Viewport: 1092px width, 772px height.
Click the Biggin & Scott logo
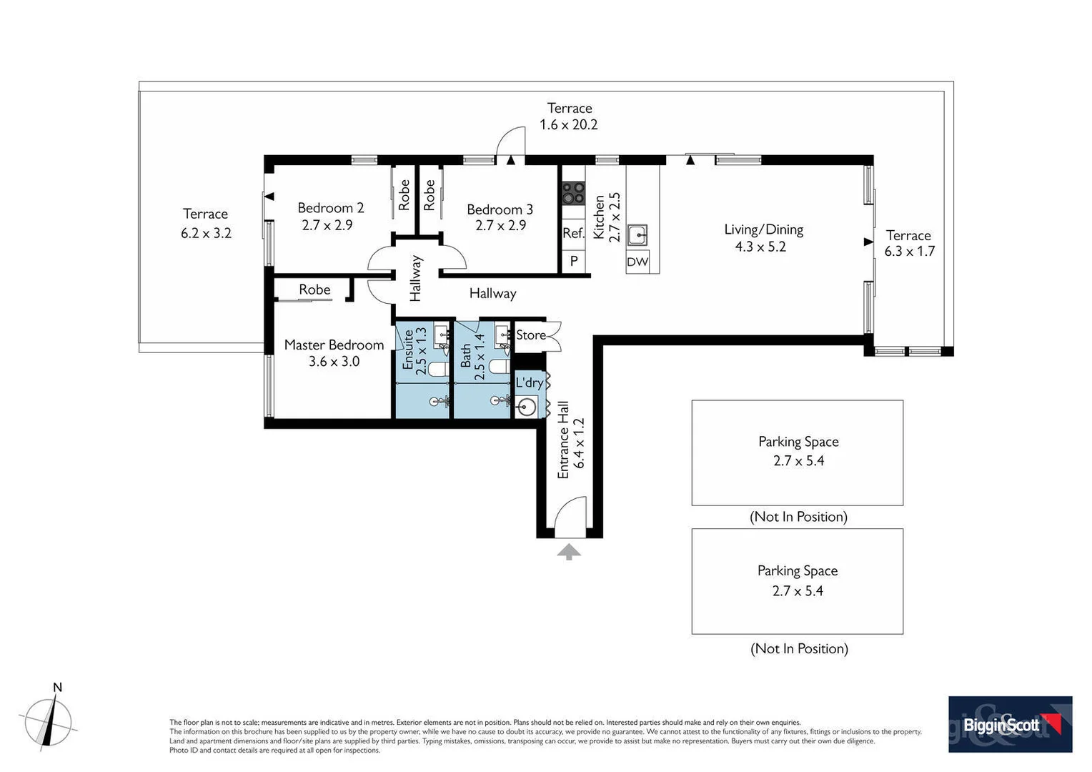(1009, 724)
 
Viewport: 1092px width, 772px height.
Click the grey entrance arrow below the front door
(569, 551)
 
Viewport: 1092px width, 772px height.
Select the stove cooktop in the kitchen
(573, 193)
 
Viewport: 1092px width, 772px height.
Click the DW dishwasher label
(637, 262)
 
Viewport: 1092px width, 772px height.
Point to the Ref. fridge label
(573, 233)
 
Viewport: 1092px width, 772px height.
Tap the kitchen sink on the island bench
(637, 234)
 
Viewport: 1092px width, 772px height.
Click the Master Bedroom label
(334, 345)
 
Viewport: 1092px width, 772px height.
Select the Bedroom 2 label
(330, 208)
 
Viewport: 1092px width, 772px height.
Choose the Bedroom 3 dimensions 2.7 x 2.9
(500, 226)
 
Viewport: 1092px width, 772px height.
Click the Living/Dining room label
(763, 229)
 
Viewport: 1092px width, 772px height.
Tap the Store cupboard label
(531, 335)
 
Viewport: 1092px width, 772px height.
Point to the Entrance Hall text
(563, 440)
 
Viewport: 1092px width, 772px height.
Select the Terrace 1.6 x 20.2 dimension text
(569, 124)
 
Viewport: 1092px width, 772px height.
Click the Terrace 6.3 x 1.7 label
(908, 243)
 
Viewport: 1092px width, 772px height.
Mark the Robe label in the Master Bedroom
(314, 289)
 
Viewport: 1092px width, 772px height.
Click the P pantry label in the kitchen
(573, 262)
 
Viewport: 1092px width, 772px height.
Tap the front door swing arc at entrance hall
(570, 513)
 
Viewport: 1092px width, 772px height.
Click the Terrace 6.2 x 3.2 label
(206, 223)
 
